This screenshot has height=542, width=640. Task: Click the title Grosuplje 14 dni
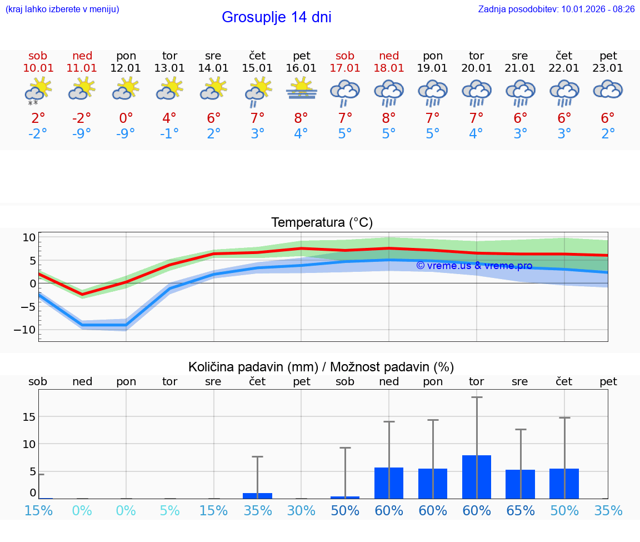pyautogui.click(x=276, y=17)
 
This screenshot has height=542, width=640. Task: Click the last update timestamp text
pyautogui.click(x=556, y=9)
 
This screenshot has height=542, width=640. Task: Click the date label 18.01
pyautogui.click(x=389, y=68)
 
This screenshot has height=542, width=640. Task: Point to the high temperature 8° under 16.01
pyautogui.click(x=301, y=118)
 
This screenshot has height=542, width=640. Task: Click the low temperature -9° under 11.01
pyautogui.click(x=82, y=134)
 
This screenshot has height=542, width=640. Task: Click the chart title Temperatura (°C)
pyautogui.click(x=322, y=223)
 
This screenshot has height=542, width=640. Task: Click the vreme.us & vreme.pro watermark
pyautogui.click(x=474, y=266)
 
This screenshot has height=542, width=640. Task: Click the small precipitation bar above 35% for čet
pyautogui.click(x=257, y=495)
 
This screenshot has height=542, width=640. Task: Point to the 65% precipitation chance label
pyautogui.click(x=521, y=510)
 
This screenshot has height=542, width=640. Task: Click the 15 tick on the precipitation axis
pyautogui.click(x=29, y=417)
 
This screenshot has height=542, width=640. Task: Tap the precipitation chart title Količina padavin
pyautogui.click(x=321, y=367)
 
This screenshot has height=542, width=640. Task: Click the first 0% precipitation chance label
pyautogui.click(x=82, y=510)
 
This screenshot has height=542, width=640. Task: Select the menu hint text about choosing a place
pyautogui.click(x=62, y=9)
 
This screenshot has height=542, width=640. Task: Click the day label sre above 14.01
pyautogui.click(x=213, y=56)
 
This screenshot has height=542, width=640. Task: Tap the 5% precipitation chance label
pyautogui.click(x=169, y=510)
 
